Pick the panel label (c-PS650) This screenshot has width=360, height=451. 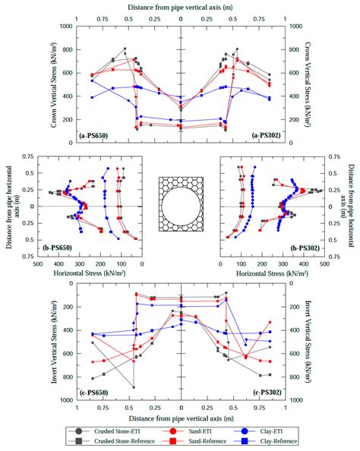(x=96, y=392)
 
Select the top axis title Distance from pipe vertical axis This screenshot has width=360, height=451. (x=180, y=6)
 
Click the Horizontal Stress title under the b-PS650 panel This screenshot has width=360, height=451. (x=90, y=271)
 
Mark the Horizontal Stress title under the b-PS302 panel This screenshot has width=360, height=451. (x=271, y=271)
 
